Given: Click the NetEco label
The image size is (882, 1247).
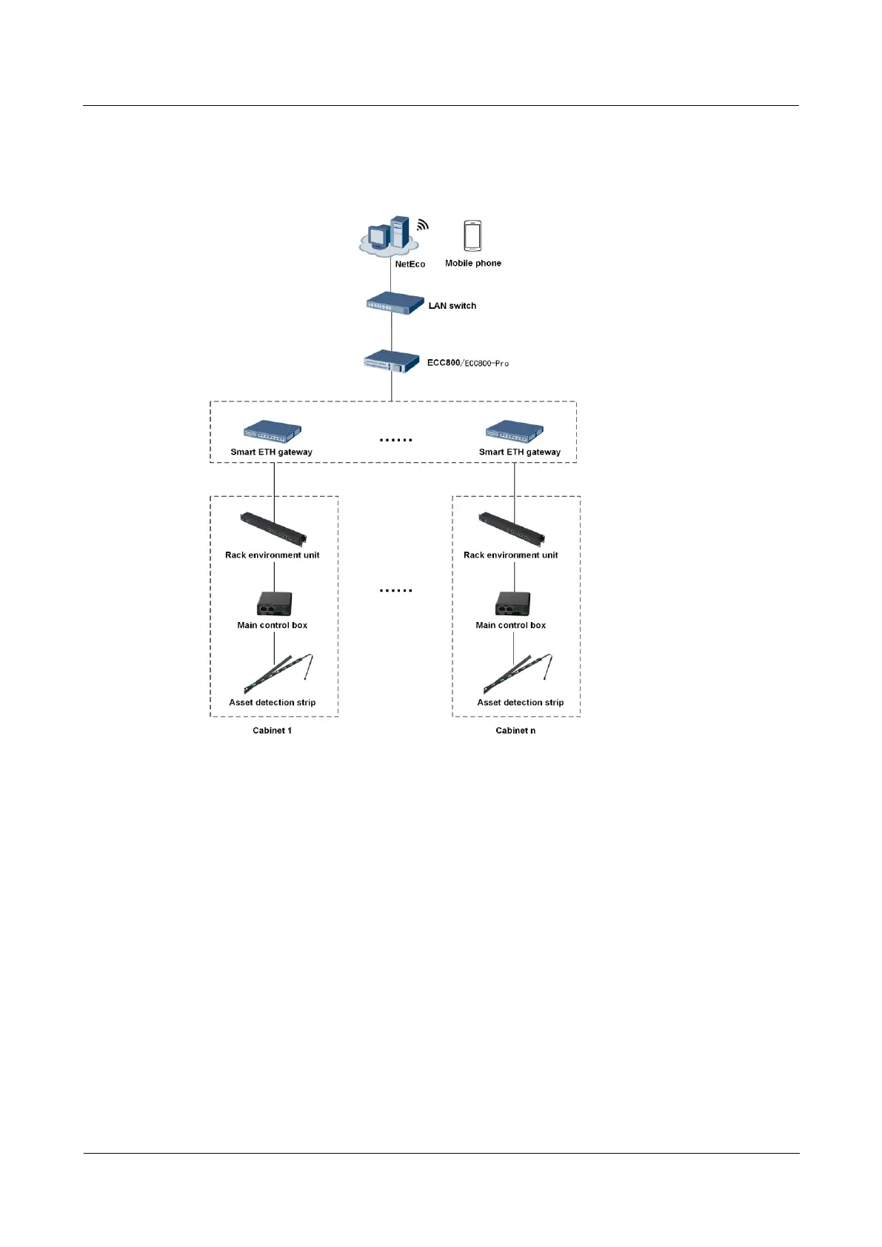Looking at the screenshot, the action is [410, 264].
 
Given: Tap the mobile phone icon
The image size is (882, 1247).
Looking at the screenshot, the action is [472, 236].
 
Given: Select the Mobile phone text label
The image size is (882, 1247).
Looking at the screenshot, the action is [472, 264].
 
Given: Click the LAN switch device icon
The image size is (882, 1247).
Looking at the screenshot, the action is [395, 303].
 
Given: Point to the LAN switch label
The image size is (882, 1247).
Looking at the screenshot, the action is [452, 306].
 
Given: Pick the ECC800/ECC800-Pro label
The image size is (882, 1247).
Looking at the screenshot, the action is [467, 363].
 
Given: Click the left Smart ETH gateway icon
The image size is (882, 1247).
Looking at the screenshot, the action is [273, 432].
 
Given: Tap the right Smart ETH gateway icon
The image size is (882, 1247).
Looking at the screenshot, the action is [515, 432].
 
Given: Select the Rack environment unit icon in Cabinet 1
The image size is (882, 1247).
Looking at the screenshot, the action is [273, 528].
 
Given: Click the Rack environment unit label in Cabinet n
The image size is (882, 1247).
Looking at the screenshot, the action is [510, 555].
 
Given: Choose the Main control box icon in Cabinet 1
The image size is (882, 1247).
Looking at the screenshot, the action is [274, 604].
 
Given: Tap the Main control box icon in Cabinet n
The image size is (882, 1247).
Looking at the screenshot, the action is [512, 604].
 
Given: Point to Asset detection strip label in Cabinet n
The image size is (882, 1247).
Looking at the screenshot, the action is [520, 703].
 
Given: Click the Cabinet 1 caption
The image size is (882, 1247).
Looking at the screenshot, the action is [272, 731].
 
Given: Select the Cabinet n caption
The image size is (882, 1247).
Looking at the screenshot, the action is [515, 731].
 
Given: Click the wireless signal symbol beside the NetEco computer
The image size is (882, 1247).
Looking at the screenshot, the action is [422, 224].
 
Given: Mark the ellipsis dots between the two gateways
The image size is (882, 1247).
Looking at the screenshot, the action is [395, 440].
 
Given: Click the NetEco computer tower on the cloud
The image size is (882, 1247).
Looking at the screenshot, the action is [400, 231].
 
